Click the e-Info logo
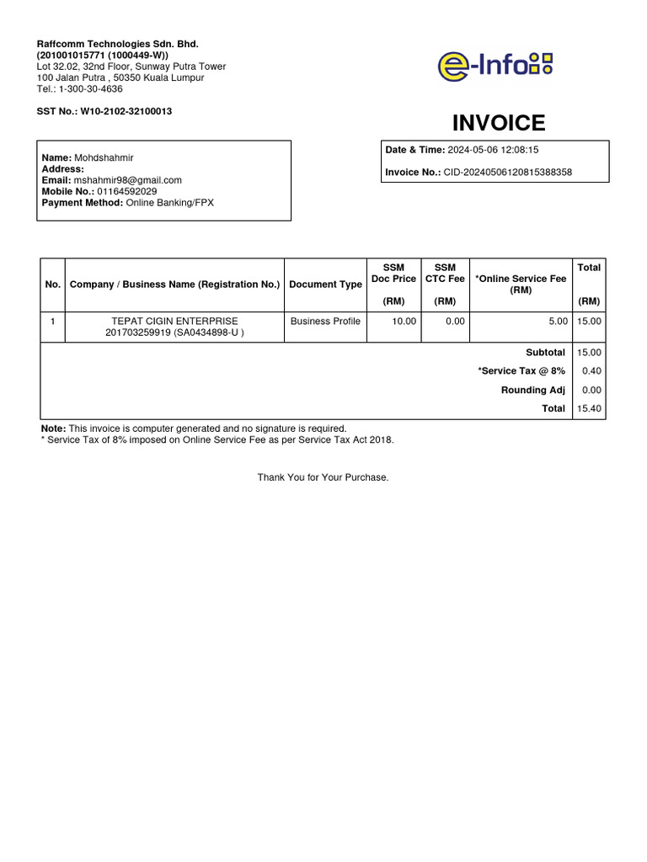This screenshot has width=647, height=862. pyautogui.click(x=495, y=65)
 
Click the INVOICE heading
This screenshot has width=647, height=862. pyautogui.click(x=499, y=123)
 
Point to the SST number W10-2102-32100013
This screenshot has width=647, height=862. pyautogui.click(x=126, y=111)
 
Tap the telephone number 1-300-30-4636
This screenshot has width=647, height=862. pyautogui.click(x=90, y=88)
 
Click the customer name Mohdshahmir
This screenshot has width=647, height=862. pyautogui.click(x=104, y=158)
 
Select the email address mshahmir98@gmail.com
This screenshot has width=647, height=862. pyautogui.click(x=128, y=180)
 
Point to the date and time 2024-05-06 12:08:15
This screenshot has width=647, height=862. pyautogui.click(x=493, y=150)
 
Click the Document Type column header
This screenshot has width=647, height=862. pyautogui.click(x=325, y=285)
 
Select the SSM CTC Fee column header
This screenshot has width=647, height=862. pyautogui.click(x=445, y=273)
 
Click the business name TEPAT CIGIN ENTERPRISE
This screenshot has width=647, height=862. pyautogui.click(x=174, y=321)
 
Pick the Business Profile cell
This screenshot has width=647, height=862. pyautogui.click(x=325, y=321)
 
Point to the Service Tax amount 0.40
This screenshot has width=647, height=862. pyautogui.click(x=591, y=371)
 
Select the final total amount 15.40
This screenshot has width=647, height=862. pyautogui.click(x=588, y=408)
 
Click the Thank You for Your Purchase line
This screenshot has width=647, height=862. pyautogui.click(x=323, y=477)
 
